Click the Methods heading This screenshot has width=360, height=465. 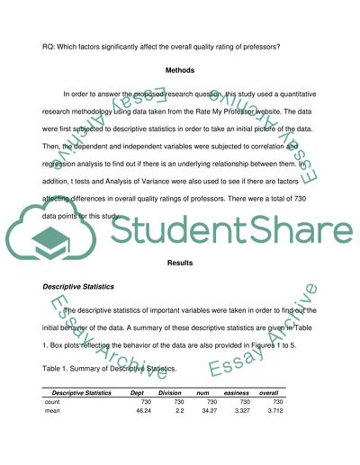(x=180, y=70)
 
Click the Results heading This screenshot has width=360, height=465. (x=180, y=263)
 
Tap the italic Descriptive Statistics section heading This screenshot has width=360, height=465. (x=81, y=287)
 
